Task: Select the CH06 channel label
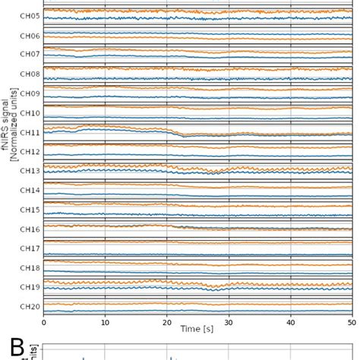(29, 36)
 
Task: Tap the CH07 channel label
(29, 55)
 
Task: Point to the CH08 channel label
(29, 74)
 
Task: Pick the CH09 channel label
(29, 93)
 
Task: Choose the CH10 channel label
(29, 113)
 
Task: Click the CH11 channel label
(29, 132)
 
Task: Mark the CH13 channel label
(29, 171)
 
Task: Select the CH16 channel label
(29, 229)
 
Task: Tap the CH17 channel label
(29, 248)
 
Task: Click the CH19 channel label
(29, 287)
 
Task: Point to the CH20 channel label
(29, 306)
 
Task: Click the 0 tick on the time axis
(44, 321)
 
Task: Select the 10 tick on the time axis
(106, 321)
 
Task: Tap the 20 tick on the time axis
(167, 321)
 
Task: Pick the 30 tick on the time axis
(229, 321)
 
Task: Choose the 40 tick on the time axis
(291, 321)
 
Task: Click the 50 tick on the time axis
(352, 321)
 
